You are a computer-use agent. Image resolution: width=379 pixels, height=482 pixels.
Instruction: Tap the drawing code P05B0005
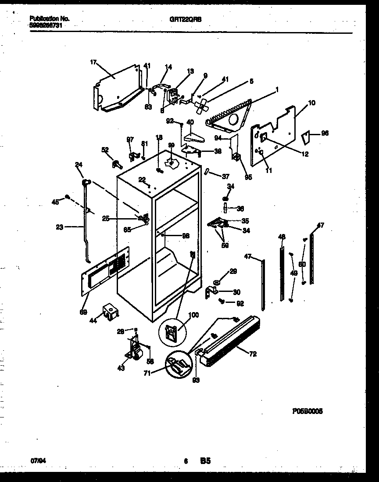pyautogui.click(x=307, y=412)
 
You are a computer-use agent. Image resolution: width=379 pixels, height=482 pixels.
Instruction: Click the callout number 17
pyautogui.click(x=93, y=62)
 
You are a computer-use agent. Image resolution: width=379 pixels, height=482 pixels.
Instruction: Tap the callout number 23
pyautogui.click(x=60, y=227)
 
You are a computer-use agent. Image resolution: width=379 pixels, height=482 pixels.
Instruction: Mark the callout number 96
pyautogui.click(x=325, y=133)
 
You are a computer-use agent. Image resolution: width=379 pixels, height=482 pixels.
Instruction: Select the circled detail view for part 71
pyautogui.click(x=178, y=365)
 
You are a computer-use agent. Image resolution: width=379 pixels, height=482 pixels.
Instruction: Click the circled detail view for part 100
pyautogui.click(x=172, y=332)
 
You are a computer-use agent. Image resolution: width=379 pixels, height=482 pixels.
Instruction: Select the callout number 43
pyautogui.click(x=121, y=368)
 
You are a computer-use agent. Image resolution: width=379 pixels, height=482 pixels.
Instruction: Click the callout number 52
pyautogui.click(x=105, y=150)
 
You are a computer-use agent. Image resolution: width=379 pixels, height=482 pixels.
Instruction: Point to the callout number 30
pyautogui.click(x=236, y=292)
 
